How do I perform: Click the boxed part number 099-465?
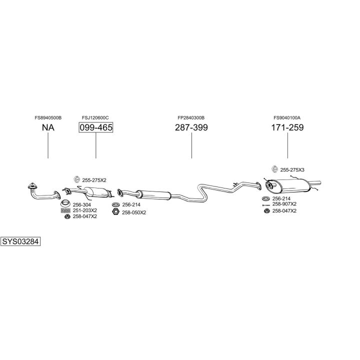pyautogui.click(x=95, y=127)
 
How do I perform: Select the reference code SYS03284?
pyautogui.click(x=20, y=242)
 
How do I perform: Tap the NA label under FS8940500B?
pyautogui.click(x=48, y=127)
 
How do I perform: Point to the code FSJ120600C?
pyautogui.click(x=95, y=118)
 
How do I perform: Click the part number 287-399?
pyautogui.click(x=191, y=127)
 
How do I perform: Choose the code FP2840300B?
pyautogui.click(x=191, y=118)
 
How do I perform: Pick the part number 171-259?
pyautogui.click(x=287, y=127)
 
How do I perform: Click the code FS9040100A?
pyautogui.click(x=287, y=118)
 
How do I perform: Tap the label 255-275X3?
pyautogui.click(x=292, y=170)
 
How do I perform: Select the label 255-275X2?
pyautogui.click(x=94, y=180)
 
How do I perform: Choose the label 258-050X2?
pyautogui.click(x=134, y=212)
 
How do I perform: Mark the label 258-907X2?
pyautogui.click(x=284, y=204)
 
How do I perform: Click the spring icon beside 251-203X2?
pyautogui.click(x=65, y=210)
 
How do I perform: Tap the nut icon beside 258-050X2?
pyautogui.click(x=115, y=212)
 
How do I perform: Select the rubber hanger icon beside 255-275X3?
pyautogui.click(x=273, y=169)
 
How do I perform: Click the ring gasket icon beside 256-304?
pyautogui.click(x=65, y=204)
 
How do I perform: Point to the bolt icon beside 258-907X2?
pyautogui.click(x=266, y=204)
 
